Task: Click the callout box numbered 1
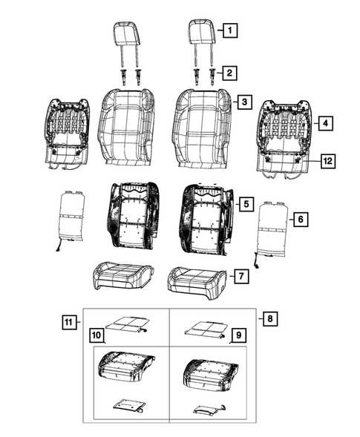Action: pyautogui.click(x=231, y=31)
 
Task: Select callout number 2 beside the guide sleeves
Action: pyautogui.click(x=231, y=73)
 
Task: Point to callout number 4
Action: pyautogui.click(x=324, y=123)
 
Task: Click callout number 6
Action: pyautogui.click(x=300, y=219)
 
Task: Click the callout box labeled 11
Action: pyautogui.click(x=69, y=321)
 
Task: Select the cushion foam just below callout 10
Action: pyautogui.click(x=125, y=369)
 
